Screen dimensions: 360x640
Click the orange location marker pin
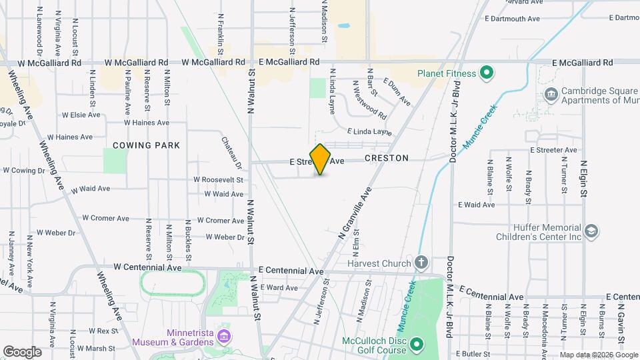(x=320, y=159)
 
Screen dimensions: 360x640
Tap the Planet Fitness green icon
(x=487, y=73)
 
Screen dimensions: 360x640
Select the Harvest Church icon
(x=421, y=263)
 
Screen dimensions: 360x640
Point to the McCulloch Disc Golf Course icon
(x=417, y=344)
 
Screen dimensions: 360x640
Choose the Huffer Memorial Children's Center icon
(x=590, y=231)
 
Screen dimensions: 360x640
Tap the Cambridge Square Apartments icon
(x=551, y=95)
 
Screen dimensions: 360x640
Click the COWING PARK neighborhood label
(x=146, y=145)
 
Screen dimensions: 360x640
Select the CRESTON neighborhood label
(x=386, y=159)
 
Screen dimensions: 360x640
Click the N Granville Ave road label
(x=357, y=213)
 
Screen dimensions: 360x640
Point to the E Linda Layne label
(x=369, y=132)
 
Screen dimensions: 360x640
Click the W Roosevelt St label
(x=218, y=179)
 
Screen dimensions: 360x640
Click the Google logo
(x=22, y=351)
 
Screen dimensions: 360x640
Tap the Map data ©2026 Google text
(x=599, y=355)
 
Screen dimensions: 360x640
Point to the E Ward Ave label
(x=279, y=288)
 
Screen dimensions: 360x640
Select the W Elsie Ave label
(x=81, y=115)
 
